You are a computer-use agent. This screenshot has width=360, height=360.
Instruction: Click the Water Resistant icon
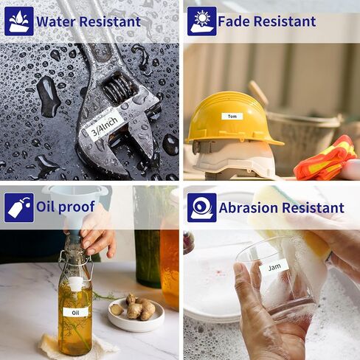(x=19, y=21)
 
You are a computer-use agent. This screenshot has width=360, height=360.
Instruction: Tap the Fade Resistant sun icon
(x=202, y=21)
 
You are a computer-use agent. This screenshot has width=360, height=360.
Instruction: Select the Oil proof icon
(x=19, y=207)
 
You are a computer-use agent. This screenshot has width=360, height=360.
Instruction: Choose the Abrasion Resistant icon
(x=202, y=207)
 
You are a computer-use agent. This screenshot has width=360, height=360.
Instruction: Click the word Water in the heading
(x=56, y=21)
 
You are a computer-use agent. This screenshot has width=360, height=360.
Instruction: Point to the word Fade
(x=234, y=21)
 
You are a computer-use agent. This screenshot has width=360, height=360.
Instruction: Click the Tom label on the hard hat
(x=232, y=117)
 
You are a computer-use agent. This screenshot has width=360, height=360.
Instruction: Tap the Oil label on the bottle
(x=75, y=312)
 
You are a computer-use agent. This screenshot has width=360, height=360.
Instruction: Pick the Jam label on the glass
(x=274, y=267)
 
